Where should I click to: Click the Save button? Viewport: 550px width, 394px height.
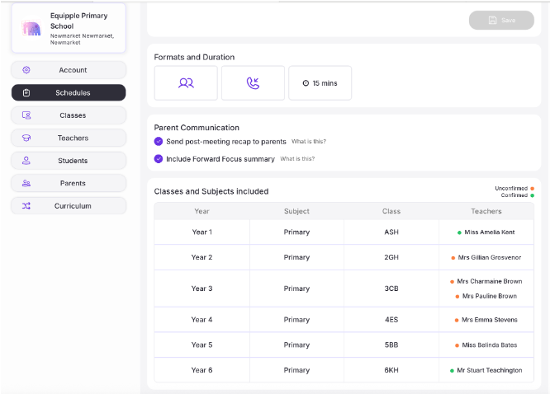pyautogui.click(x=501, y=20)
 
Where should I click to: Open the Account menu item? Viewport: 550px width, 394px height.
pyautogui.click(x=69, y=70)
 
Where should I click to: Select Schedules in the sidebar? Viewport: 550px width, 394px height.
pyautogui.click(x=69, y=92)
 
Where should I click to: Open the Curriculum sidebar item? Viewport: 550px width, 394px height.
pyautogui.click(x=69, y=205)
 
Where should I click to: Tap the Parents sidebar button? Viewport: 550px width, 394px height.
pyautogui.click(x=69, y=183)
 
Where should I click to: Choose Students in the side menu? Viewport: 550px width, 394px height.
pyautogui.click(x=69, y=160)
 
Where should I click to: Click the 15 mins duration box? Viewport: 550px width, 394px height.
pyautogui.click(x=320, y=83)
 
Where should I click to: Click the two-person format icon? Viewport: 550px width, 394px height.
pyautogui.click(x=186, y=83)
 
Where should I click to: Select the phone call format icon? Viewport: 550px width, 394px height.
pyautogui.click(x=253, y=83)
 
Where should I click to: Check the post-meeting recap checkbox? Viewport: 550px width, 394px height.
pyautogui.click(x=159, y=142)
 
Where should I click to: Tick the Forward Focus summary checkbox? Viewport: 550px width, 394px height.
pyautogui.click(x=159, y=158)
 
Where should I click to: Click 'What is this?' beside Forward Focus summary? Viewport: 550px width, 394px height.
pyautogui.click(x=297, y=159)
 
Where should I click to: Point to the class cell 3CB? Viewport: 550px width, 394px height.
pyautogui.click(x=391, y=288)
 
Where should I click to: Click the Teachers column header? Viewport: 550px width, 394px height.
pyautogui.click(x=486, y=211)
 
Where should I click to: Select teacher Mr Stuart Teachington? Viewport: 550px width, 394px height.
pyautogui.click(x=490, y=370)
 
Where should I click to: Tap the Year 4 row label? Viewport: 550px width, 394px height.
pyautogui.click(x=202, y=320)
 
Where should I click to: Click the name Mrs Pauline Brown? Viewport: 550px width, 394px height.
pyautogui.click(x=490, y=296)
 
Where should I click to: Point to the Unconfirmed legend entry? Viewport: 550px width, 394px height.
pyautogui.click(x=511, y=188)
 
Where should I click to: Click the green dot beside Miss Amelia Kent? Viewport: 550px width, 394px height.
pyautogui.click(x=459, y=232)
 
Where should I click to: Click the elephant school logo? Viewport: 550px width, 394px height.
pyautogui.click(x=32, y=30)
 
